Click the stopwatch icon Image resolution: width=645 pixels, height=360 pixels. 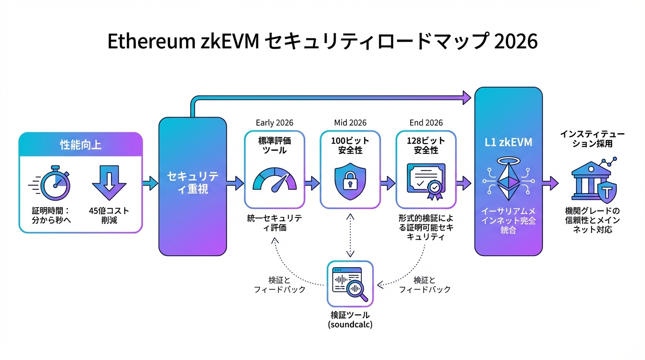(x=55, y=183)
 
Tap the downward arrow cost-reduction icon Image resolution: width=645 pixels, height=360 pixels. (x=109, y=183)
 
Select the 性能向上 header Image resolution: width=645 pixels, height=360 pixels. (x=81, y=144)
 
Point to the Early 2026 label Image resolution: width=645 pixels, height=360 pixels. (x=274, y=123)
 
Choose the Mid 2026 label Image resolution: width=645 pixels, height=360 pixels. (x=350, y=123)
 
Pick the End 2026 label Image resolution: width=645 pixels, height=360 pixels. (x=426, y=123)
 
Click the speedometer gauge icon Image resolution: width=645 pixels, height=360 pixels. (x=275, y=180)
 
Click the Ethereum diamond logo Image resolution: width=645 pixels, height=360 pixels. (x=508, y=182)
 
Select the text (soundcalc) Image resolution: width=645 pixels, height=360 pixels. (x=350, y=324)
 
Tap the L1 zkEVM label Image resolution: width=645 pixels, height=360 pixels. (x=509, y=142)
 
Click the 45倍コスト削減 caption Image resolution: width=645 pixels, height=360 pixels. (x=109, y=215)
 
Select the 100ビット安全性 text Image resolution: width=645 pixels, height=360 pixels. (x=350, y=145)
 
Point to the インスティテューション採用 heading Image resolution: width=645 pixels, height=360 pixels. (x=592, y=139)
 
